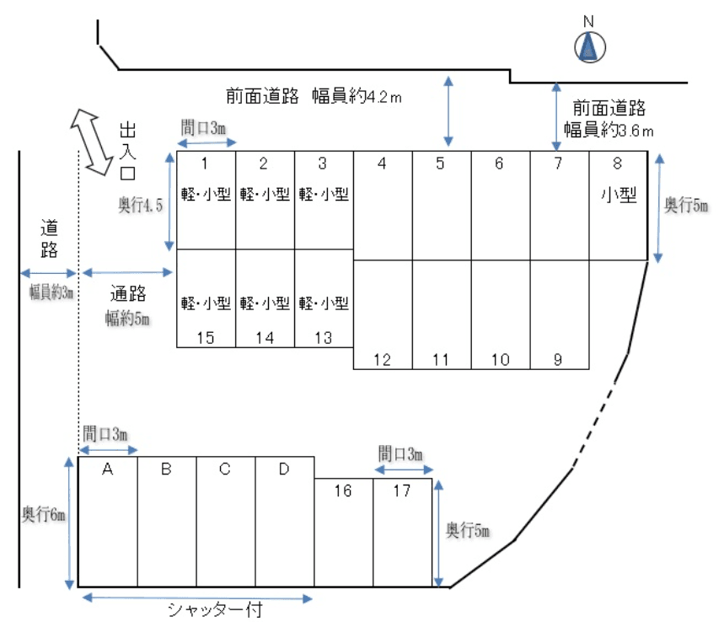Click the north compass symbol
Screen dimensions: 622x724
pos(589,46)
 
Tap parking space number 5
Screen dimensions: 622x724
pos(441,164)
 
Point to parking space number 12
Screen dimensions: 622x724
pos(382,360)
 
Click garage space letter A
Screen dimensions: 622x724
pos(108,469)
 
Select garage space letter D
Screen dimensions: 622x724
pos(284,469)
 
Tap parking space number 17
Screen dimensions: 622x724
pos(402,491)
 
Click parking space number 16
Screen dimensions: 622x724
pos(343,491)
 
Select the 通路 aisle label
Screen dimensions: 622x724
pos(128,293)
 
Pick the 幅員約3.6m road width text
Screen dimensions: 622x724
pos(609,131)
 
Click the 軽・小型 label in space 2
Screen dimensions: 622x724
pos(265,195)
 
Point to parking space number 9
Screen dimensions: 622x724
pos(558,360)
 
